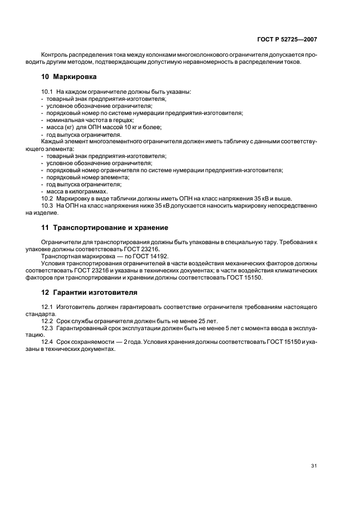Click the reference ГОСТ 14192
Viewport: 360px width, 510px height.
click(x=137, y=256)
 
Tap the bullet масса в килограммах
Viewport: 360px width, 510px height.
click(x=77, y=191)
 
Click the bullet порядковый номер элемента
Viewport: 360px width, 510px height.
click(x=88, y=177)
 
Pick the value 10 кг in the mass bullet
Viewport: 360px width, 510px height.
click(x=122, y=127)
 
